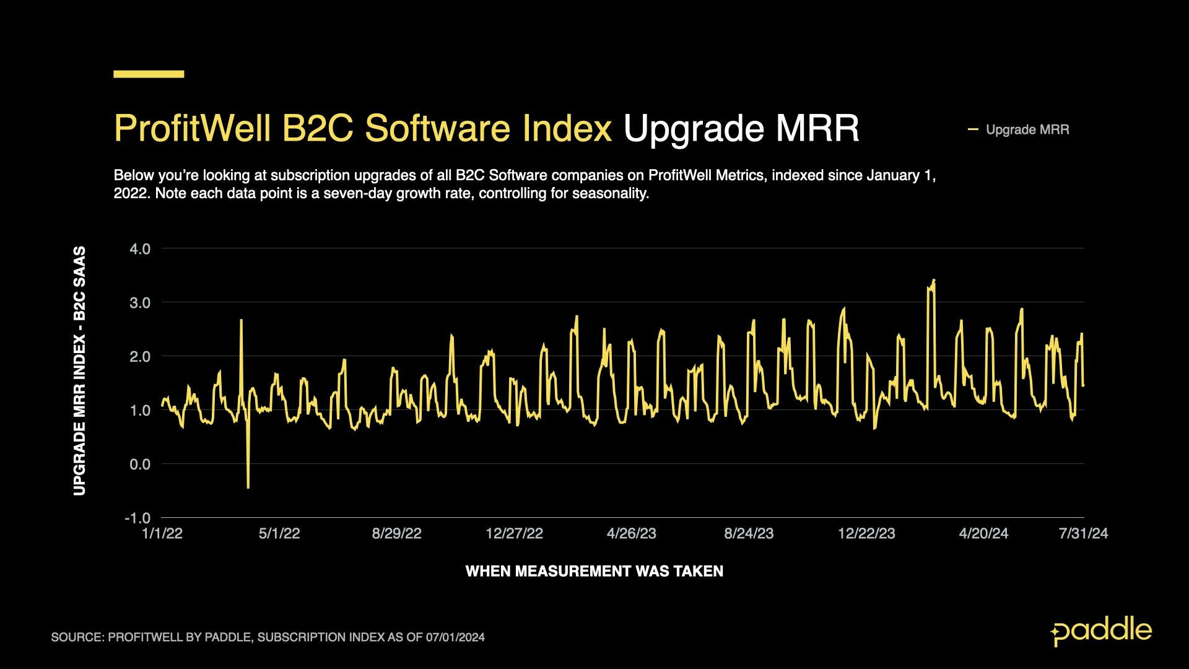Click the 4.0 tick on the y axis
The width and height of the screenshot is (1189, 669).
coord(140,249)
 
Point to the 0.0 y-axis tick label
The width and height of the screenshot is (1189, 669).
coord(140,464)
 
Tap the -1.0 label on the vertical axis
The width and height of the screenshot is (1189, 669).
coord(137,518)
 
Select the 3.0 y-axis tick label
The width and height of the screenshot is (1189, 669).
coord(140,303)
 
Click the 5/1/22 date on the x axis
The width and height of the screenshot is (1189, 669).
coord(279,534)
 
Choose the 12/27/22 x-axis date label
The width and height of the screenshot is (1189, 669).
coord(514,534)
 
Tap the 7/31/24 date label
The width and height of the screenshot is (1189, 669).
coord(1083,534)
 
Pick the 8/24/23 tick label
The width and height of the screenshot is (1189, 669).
coord(749,534)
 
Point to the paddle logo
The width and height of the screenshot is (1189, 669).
coord(1101,631)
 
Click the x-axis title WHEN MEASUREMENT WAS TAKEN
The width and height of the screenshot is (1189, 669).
coord(594,571)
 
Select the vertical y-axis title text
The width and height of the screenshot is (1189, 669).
coord(79,371)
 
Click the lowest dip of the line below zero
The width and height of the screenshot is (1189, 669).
coord(248,487)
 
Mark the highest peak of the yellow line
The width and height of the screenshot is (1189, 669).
coord(933,281)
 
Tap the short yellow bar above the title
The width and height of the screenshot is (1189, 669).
coord(149,74)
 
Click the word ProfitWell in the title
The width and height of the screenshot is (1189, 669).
coord(192,128)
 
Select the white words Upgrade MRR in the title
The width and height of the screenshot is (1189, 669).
coord(741,128)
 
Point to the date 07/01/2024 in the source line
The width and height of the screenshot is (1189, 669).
coord(455,637)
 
